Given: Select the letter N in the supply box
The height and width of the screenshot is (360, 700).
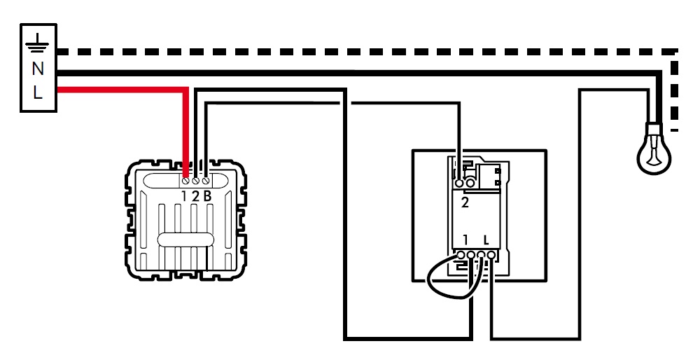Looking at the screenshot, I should click(x=38, y=68).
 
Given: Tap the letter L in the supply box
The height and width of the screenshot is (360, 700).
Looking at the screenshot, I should click(x=38, y=92).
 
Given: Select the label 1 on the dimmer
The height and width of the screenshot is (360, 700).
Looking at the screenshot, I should click(x=185, y=196).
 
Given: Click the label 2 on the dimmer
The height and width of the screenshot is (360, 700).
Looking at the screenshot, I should click(x=195, y=196).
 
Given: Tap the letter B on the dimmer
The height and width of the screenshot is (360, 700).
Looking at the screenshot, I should click(x=207, y=196).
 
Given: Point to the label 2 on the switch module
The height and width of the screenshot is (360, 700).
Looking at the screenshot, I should click(x=465, y=203).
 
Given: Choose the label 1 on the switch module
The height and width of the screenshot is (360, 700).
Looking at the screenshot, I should click(x=465, y=240).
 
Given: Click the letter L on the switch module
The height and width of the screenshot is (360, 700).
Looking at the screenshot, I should click(x=486, y=240).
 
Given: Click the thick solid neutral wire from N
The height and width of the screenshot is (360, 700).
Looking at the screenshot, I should click(x=350, y=73).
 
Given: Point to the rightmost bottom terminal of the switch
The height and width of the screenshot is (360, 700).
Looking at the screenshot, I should click(x=493, y=254).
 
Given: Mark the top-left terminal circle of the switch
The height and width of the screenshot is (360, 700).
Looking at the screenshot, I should click(x=460, y=184).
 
